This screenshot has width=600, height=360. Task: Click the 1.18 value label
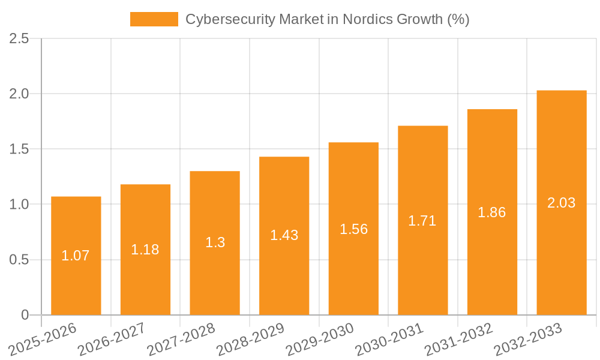coord(145,250)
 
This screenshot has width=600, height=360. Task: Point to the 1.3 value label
coord(215,242)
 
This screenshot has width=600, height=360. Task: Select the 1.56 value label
coord(353,229)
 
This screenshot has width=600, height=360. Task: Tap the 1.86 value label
coord(492,212)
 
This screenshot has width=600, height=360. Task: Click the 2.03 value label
coord(562,203)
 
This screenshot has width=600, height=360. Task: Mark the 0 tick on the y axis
coord(25,315)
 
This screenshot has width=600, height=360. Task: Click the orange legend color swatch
coord(154,19)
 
